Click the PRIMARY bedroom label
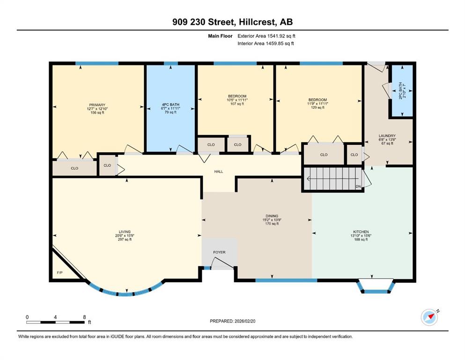[97, 105]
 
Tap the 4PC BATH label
[170, 105]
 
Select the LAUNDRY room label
[387, 135]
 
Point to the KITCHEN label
[361, 232]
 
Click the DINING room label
[272, 216]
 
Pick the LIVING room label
[125, 232]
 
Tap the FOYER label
[219, 252]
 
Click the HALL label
[219, 172]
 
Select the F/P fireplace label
[59, 272]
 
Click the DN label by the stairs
[358, 187]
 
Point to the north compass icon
[429, 317]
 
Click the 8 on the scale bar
[84, 317]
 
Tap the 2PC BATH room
[402, 91]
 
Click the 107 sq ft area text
[237, 104]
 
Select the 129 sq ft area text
[317, 107]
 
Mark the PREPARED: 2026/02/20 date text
[232, 321]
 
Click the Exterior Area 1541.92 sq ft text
[266, 36]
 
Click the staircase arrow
[332, 179]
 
